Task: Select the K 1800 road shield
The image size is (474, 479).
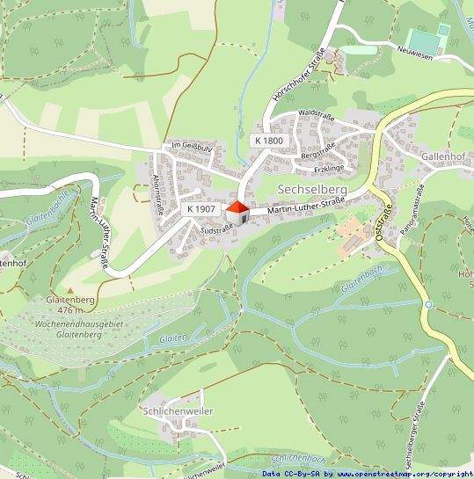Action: coord(269,141)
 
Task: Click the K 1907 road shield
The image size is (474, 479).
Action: coord(201,209)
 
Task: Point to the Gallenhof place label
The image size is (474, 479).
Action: coord(441,155)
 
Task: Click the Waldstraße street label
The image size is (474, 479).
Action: coord(317,113)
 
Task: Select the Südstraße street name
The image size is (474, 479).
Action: coord(217,229)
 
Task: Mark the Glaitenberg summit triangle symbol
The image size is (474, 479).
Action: coord(69,287)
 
